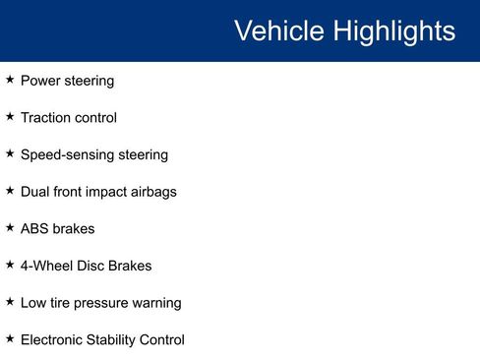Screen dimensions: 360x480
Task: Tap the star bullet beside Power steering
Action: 10,80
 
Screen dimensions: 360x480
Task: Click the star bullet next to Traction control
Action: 10,117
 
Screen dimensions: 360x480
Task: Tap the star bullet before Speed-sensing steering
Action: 10,153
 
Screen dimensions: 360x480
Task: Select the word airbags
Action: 150,192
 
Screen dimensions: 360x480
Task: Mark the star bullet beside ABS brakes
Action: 10,227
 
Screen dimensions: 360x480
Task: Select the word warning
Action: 158,303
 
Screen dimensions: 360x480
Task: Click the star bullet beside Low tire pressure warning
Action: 10,301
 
